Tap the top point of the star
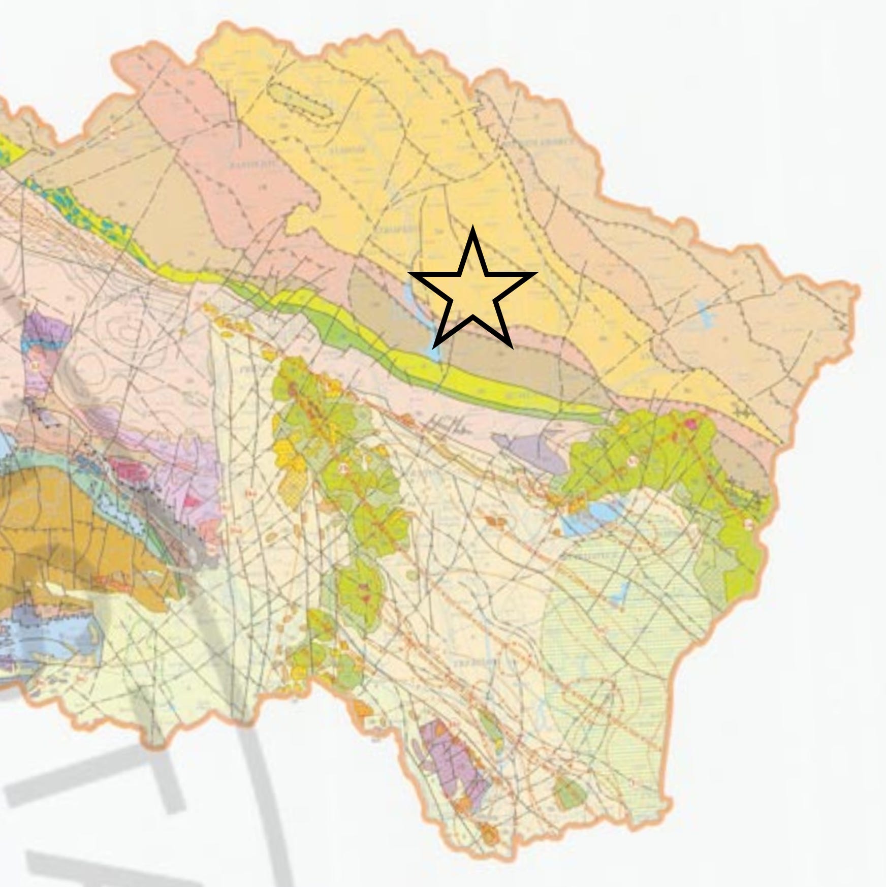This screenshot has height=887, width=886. pos(473,229)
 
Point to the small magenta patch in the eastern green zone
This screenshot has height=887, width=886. pos(690,423)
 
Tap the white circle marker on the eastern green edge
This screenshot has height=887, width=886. pos(748,523)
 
